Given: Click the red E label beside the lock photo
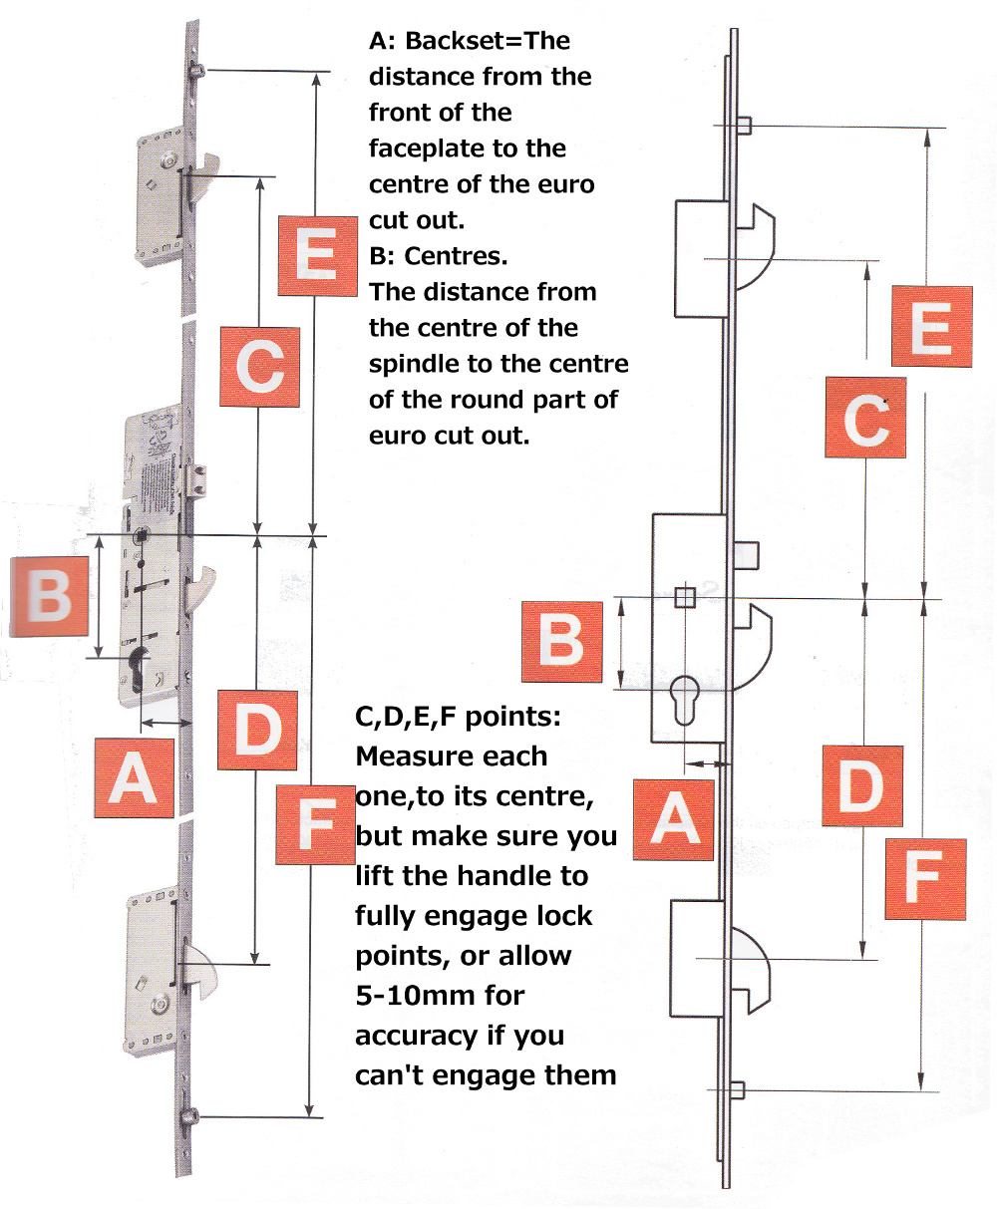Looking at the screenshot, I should (x=317, y=255).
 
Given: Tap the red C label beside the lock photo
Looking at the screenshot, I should (x=259, y=366).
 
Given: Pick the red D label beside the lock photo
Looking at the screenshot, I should (x=257, y=730).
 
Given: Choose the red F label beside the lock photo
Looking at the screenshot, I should (x=315, y=823).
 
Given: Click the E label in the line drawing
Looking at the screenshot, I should (x=931, y=326).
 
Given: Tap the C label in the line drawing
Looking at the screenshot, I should (x=865, y=418).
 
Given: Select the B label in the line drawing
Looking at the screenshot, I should (x=561, y=642).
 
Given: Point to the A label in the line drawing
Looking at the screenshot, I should (x=675, y=819).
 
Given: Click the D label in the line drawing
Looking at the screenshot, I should (x=861, y=785).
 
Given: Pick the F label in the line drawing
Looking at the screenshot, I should (x=925, y=879).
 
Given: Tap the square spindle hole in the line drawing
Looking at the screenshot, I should (x=685, y=597).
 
